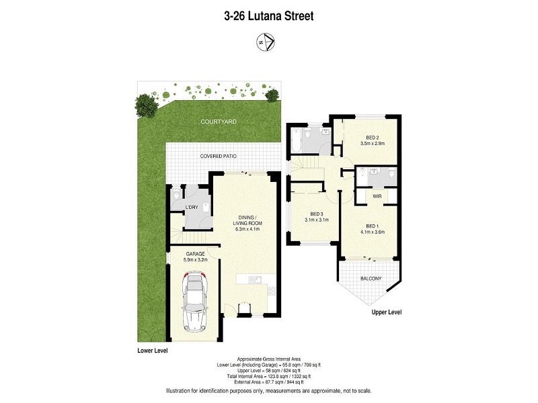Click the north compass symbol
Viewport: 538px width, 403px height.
[x=264, y=42]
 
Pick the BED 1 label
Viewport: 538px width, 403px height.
[x=373, y=226]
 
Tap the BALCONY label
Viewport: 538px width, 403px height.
[x=371, y=279]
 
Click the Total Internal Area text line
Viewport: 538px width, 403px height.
[x=268, y=377]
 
